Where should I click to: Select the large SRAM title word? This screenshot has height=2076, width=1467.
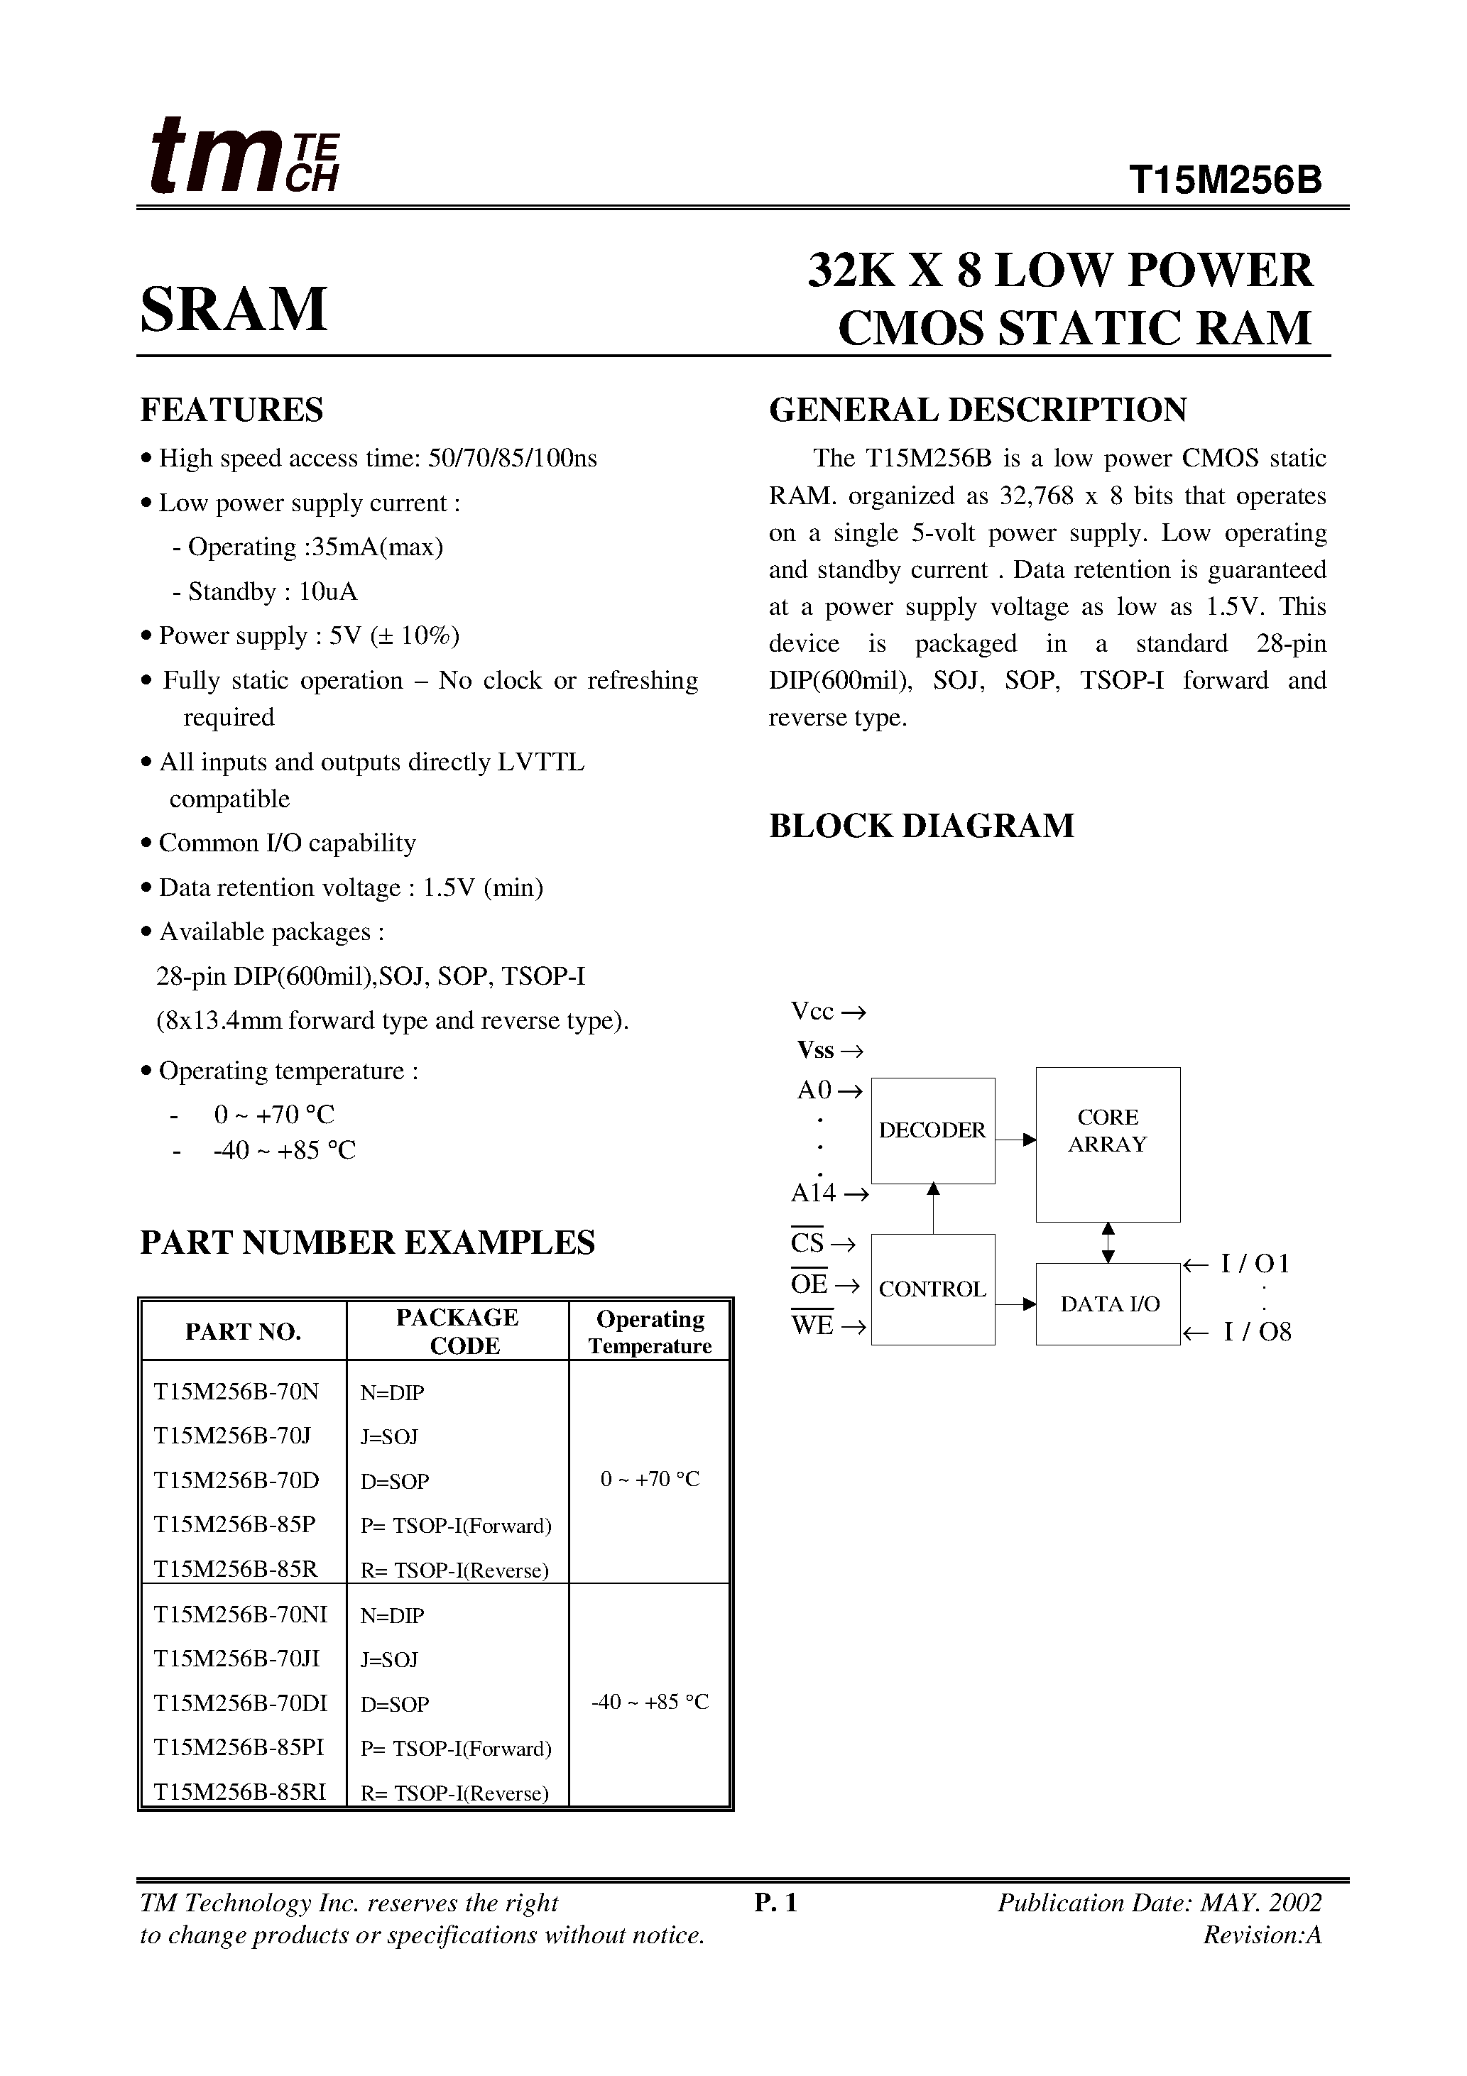click(234, 310)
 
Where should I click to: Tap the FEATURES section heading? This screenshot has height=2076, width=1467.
click(231, 410)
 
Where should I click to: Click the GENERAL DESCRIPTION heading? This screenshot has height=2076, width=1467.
click(977, 410)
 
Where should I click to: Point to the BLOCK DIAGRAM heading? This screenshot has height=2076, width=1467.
click(921, 826)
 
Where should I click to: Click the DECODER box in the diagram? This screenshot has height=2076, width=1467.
click(932, 1130)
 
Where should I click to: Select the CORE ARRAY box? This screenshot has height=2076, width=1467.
click(1107, 1144)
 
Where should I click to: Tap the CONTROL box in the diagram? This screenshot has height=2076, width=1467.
click(932, 1289)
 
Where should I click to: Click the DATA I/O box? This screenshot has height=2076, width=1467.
click(1109, 1304)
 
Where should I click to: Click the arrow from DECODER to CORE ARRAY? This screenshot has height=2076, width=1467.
click(1015, 1140)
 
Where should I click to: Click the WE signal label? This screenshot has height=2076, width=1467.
click(812, 1326)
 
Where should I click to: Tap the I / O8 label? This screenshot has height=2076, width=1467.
click(1257, 1332)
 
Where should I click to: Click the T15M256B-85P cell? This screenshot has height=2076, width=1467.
click(234, 1524)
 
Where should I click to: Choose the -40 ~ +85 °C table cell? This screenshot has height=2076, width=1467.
click(650, 1702)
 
